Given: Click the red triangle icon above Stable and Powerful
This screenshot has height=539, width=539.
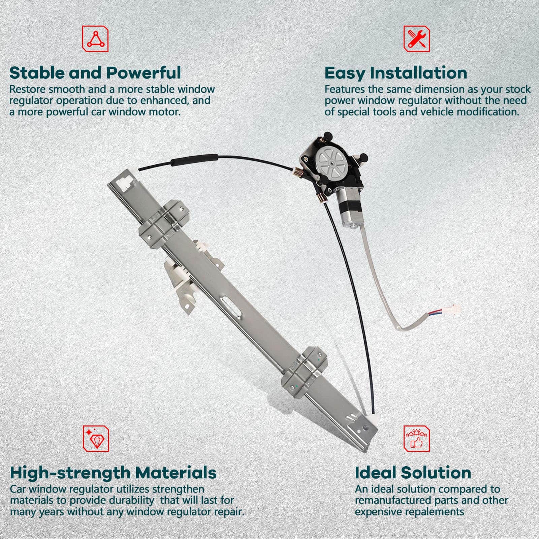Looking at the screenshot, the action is [95, 39].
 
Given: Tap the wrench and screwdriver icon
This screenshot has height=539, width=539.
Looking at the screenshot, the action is [417, 39].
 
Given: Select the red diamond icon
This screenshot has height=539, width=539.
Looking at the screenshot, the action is [96, 438].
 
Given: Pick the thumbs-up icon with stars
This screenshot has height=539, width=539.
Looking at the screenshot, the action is [417, 438].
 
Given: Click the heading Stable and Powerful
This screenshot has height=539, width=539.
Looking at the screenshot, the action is [95, 72].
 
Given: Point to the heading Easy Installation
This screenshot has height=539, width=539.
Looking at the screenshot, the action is [396, 73].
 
